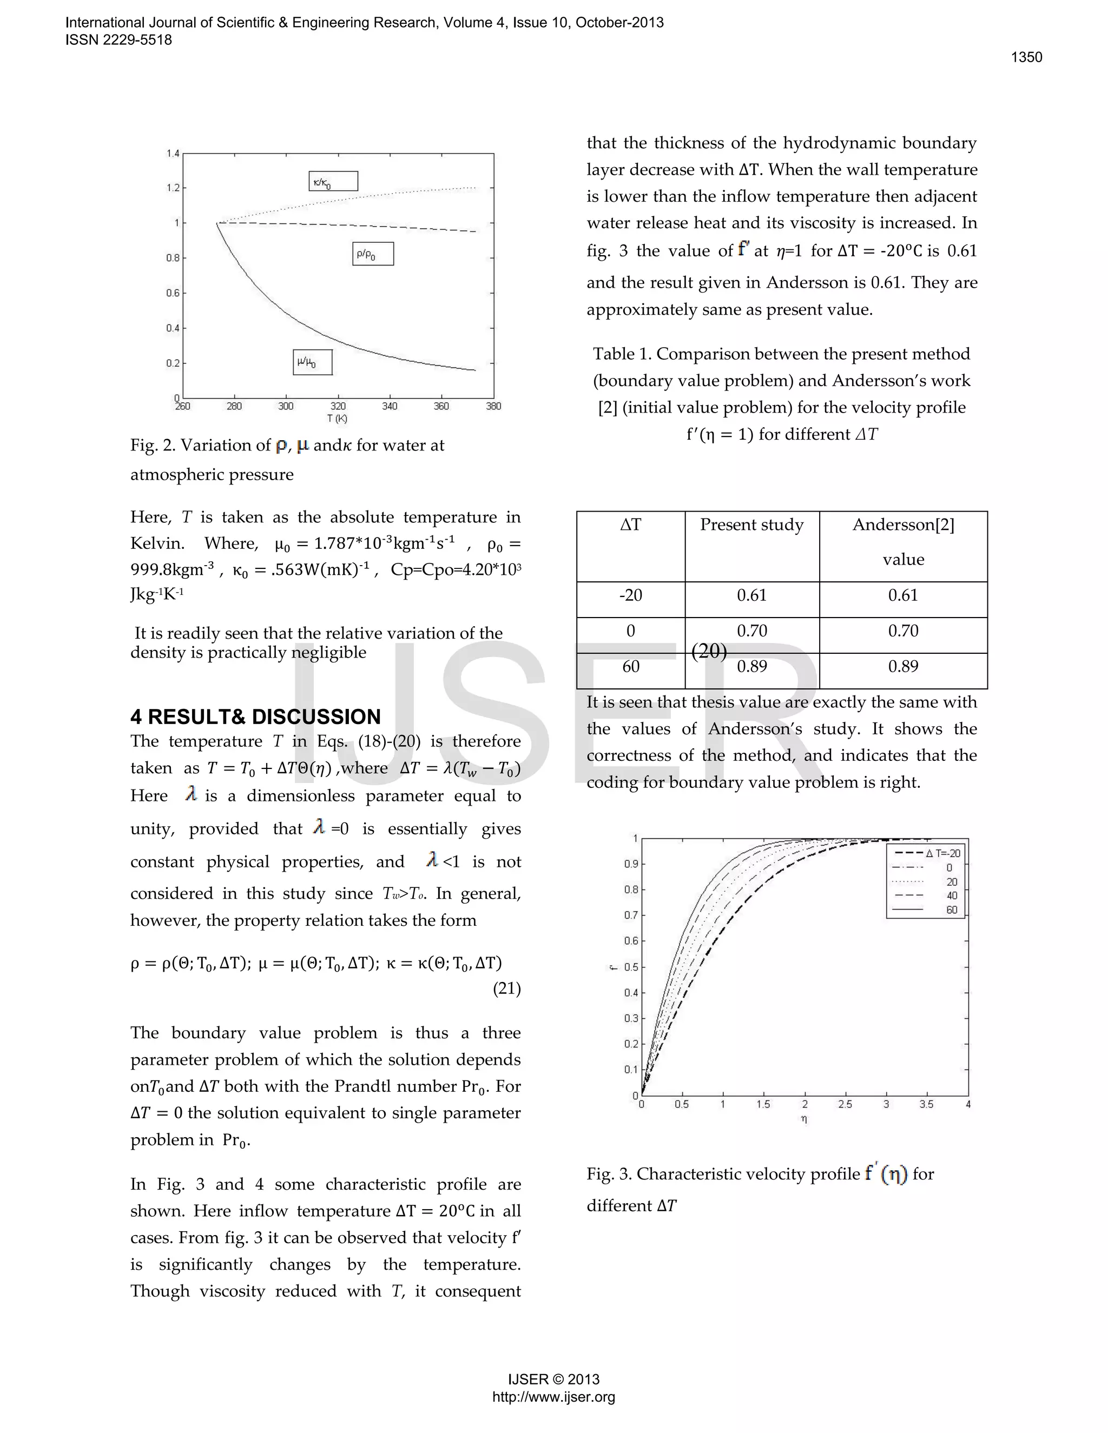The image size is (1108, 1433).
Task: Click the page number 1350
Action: [1026, 57]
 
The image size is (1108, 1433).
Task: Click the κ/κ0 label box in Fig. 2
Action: [333, 181]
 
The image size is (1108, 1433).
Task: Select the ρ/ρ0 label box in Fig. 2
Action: [373, 254]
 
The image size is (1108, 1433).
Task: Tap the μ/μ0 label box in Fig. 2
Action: [313, 362]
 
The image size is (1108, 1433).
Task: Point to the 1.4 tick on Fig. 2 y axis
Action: [173, 154]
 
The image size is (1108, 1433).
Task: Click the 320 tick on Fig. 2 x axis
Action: [338, 407]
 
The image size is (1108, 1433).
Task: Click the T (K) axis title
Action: [338, 419]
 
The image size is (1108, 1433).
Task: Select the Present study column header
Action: [751, 525]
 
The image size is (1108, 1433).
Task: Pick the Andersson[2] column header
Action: [903, 525]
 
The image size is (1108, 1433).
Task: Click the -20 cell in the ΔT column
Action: [630, 595]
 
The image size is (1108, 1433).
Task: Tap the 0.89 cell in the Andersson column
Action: [903, 667]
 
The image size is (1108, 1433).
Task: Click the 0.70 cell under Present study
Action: [751, 631]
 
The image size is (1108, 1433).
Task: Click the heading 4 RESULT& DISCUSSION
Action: [255, 716]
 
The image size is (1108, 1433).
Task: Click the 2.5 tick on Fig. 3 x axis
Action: [845, 1104]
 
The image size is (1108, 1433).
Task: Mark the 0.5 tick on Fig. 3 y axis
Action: [631, 966]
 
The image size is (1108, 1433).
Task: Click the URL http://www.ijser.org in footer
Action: [553, 1415]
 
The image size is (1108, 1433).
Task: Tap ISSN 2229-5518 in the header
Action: [119, 40]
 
